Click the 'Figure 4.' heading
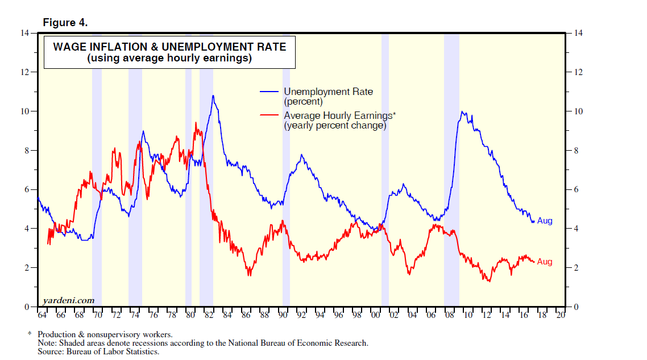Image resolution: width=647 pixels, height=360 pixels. (x=65, y=23)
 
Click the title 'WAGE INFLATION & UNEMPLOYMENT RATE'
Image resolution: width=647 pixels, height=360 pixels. (x=169, y=47)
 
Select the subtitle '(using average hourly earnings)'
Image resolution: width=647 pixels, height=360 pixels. (x=169, y=58)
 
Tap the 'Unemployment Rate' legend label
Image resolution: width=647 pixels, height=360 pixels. (x=328, y=92)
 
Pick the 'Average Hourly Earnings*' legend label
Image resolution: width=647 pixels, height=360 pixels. (x=339, y=115)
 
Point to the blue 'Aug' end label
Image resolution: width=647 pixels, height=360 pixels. (x=545, y=221)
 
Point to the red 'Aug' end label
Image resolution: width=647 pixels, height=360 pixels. (x=545, y=262)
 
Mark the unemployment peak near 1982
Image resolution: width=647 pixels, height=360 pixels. (x=213, y=96)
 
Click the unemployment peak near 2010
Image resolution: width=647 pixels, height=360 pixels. (x=462, y=112)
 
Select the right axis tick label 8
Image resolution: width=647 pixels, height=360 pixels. (x=578, y=151)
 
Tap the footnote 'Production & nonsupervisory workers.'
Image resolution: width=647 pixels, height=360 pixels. (x=105, y=334)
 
